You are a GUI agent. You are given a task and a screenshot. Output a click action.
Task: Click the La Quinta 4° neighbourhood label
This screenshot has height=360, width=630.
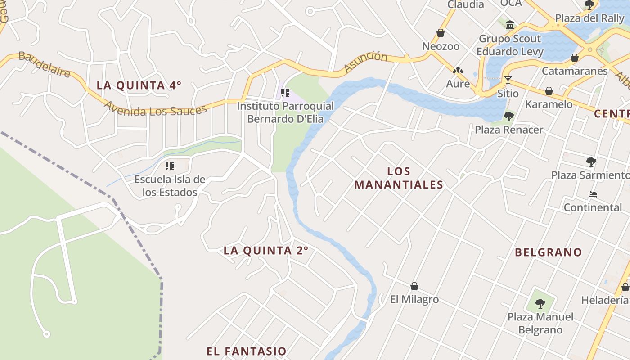pos(139,85)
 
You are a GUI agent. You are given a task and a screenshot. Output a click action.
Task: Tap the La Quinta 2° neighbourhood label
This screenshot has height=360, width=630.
pos(266,250)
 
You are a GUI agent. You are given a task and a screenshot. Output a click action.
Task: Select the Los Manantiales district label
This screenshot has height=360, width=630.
pos(399,178)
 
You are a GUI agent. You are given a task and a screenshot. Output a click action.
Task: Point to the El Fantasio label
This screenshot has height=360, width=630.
pos(247,351)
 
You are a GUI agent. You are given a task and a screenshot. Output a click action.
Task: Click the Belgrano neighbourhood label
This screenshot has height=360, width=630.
pos(549,252)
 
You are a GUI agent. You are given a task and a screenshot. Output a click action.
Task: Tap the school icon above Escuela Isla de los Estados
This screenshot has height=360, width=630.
pos(170,166)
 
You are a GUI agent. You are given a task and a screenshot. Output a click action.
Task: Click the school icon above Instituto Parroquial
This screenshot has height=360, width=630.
pos(285,93)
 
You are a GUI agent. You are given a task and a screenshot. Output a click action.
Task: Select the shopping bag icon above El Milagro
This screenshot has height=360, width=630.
pos(414,286)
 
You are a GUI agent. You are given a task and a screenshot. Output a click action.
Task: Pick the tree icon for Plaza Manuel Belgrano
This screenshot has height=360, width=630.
pos(540,303)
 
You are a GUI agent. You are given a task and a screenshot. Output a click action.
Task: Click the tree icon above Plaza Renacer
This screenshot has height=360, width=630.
pos(509,117)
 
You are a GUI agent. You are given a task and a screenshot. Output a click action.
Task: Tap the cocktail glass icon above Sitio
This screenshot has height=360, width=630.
pos(508,80)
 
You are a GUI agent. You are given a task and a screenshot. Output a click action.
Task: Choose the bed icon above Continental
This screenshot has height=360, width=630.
pos(593,194)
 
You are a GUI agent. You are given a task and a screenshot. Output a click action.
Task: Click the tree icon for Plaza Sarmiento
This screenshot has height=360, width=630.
pos(591,162)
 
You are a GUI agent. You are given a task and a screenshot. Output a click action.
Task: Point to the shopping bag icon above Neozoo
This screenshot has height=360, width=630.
pos(441,33)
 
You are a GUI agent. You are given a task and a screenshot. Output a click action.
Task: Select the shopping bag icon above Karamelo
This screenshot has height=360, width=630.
pos(549,91)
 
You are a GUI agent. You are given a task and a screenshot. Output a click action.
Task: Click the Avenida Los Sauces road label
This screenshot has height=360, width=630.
pos(156,109)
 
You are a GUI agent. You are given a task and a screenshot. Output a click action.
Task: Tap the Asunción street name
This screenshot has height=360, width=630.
pos(365,62)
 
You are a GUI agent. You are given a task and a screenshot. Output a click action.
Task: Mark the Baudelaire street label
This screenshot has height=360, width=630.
pos(44,65)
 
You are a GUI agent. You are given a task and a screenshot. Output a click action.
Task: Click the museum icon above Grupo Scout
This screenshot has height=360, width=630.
pos(510,25)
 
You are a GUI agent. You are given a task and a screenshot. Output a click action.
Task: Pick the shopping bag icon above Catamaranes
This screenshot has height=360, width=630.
pos(575,58)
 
